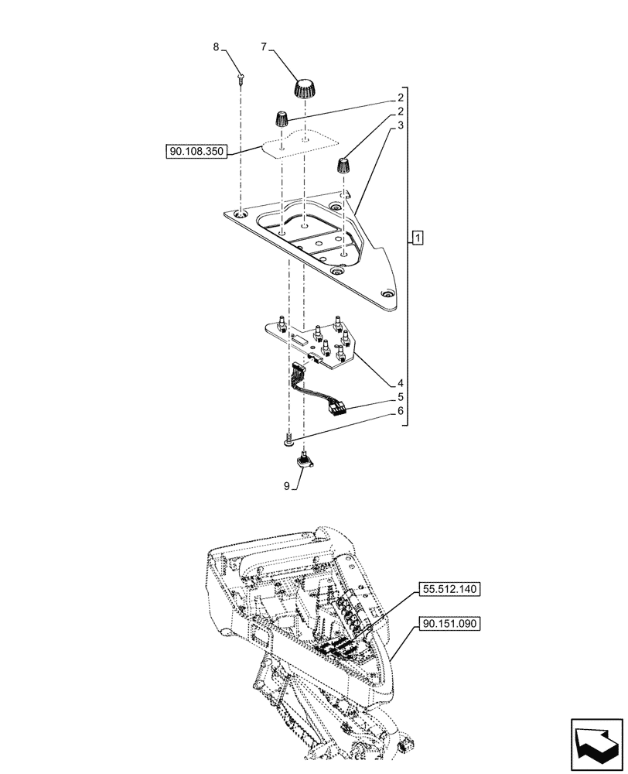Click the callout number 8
216,48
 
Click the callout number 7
264,48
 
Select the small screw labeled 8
241,77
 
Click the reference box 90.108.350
195,152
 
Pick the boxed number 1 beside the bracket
418,238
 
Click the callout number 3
401,123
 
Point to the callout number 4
401,382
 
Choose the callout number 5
401,397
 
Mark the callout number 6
401,412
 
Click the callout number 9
286,486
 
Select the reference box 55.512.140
451,589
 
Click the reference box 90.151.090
451,622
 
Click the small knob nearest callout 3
343,166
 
